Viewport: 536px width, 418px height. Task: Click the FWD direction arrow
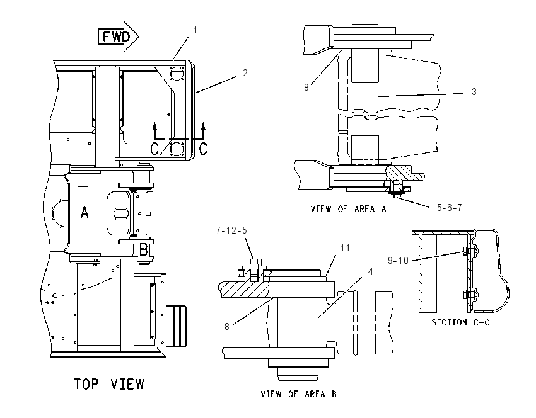click(119, 37)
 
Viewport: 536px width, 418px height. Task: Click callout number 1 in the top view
click(195, 30)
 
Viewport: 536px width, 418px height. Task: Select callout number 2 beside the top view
click(245, 72)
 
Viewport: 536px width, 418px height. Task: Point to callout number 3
click(474, 91)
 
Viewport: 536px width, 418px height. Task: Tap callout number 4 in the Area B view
click(370, 271)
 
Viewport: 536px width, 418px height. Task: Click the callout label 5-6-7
click(449, 208)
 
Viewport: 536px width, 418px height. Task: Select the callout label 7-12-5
click(231, 230)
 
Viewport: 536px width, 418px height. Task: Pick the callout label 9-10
click(399, 261)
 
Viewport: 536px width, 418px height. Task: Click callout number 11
click(346, 248)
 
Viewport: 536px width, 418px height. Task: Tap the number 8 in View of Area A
click(306, 88)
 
